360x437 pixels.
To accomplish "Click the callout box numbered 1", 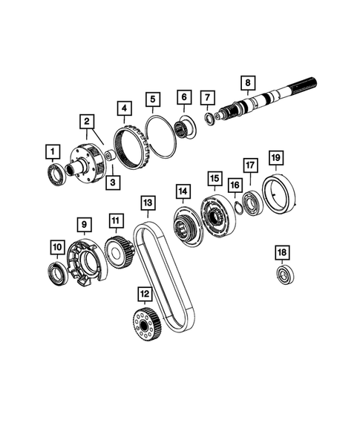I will [x=52, y=153].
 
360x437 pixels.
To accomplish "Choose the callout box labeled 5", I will [x=153, y=98].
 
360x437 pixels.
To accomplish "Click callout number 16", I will [x=235, y=185].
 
